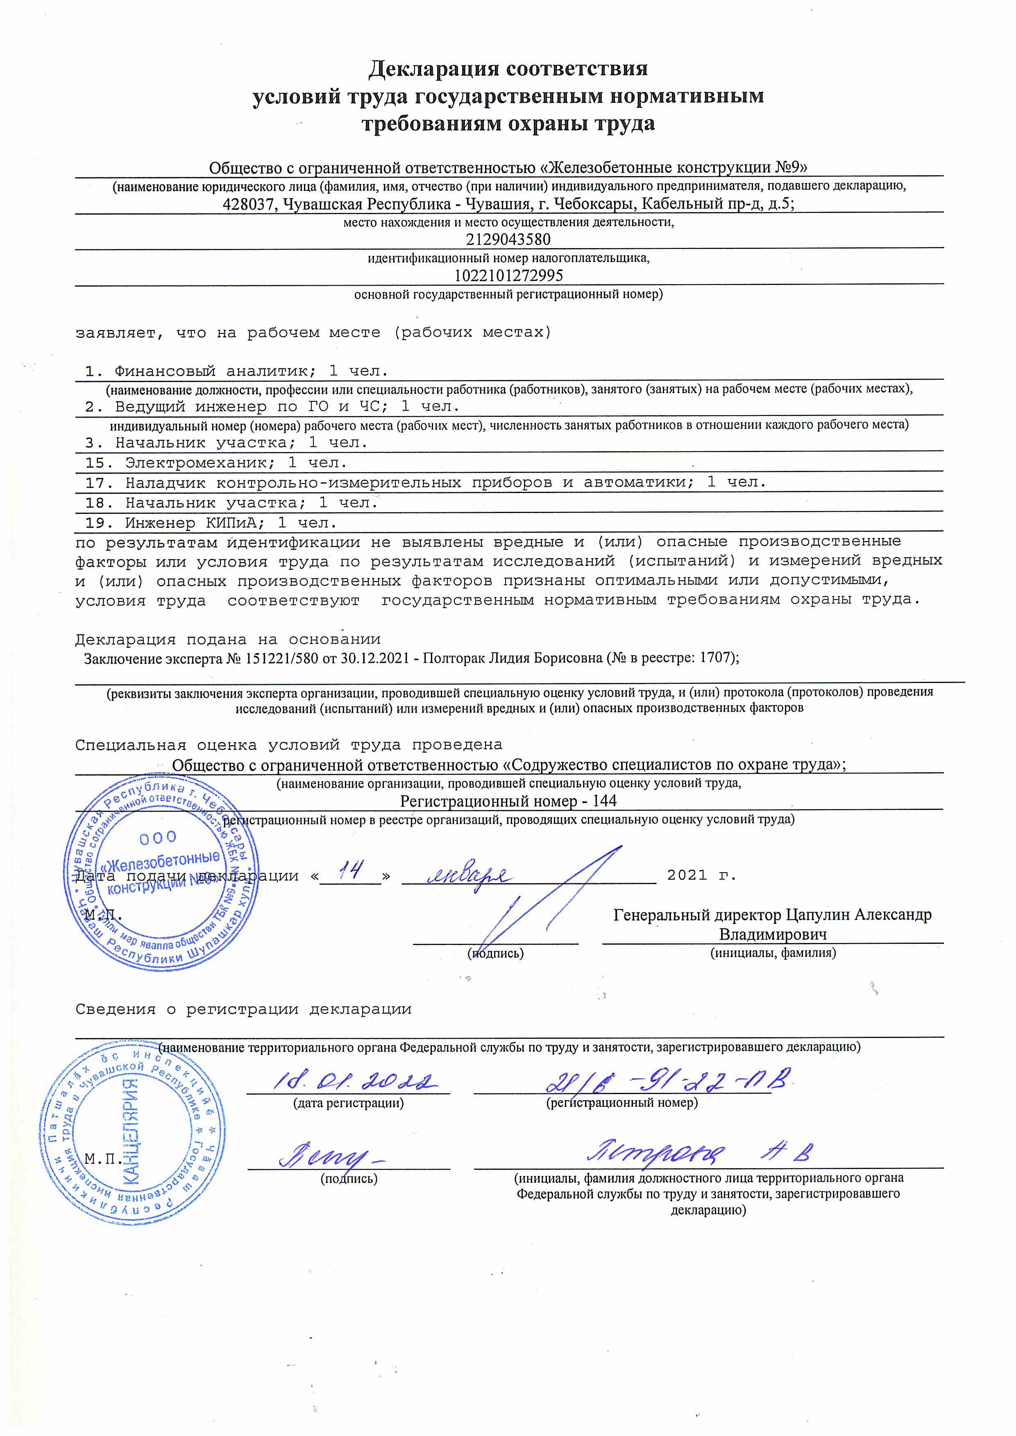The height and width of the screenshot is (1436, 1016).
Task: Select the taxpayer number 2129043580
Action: pyautogui.click(x=508, y=240)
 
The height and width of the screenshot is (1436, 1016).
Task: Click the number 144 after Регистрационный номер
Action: pyautogui.click(x=604, y=801)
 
